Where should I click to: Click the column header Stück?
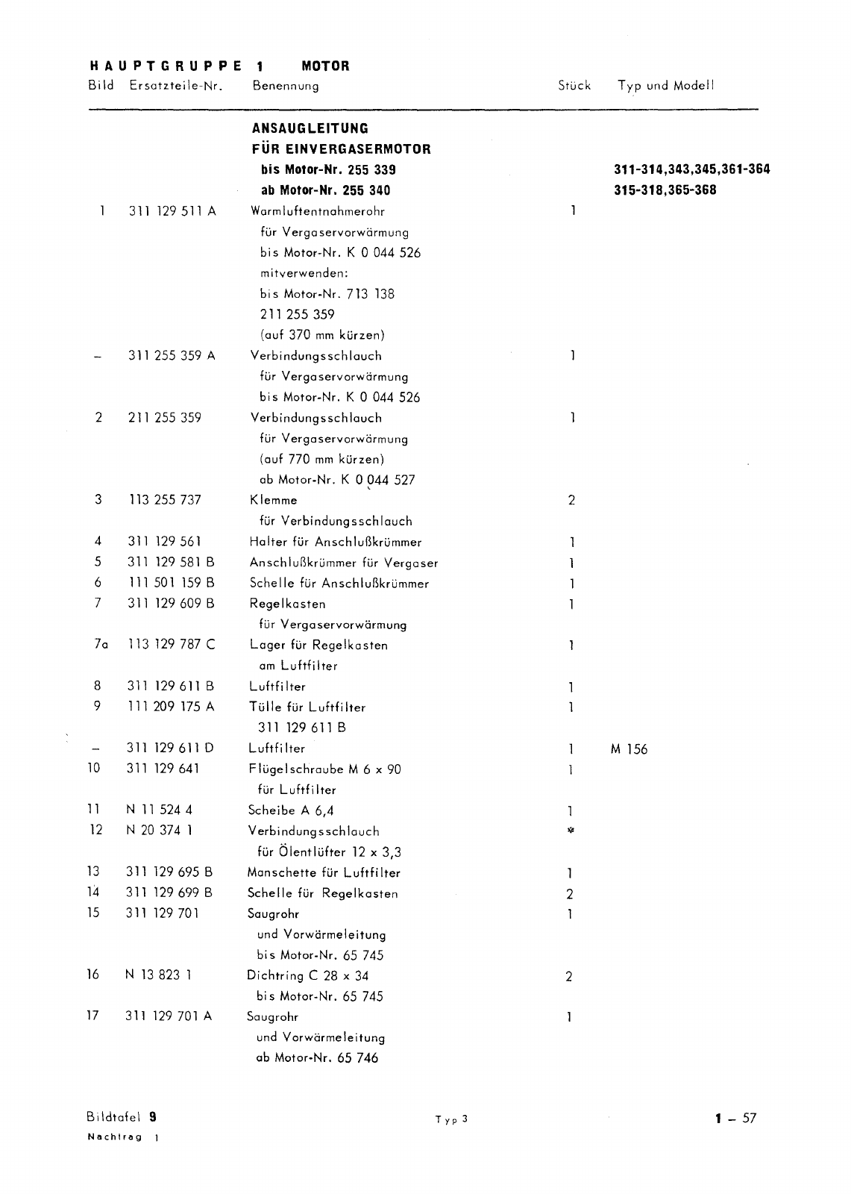pos(574,86)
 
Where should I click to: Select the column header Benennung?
pos(285,86)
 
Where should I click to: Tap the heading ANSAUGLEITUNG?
pos(310,128)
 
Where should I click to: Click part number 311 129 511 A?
pos(172,211)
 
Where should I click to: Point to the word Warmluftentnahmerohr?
pos(318,211)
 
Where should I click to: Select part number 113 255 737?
pos(165,500)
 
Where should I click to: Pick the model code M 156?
pos(629,749)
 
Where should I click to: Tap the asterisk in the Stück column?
pos(570,831)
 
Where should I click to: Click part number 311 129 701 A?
pos(169,1016)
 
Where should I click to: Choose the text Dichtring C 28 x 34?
pos(307,975)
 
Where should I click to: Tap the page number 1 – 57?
pos(735,1118)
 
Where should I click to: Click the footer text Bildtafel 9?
pos(122,1117)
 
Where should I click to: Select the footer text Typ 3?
pos(451,1119)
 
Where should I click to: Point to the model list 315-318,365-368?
pos(665,190)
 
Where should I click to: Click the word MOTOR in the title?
pos(325,66)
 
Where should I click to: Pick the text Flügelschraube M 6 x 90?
pos(324,769)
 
